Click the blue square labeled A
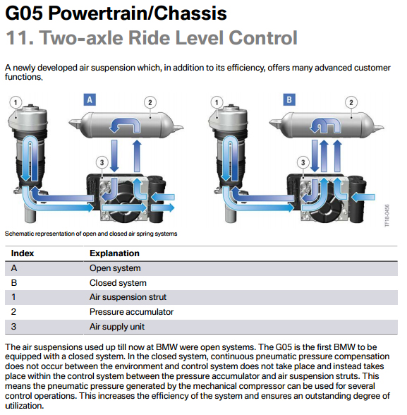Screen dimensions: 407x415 (x=90, y=100)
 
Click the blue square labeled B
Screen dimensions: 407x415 (x=289, y=100)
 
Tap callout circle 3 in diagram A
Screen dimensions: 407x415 (x=102, y=162)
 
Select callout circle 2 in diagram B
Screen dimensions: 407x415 (x=351, y=102)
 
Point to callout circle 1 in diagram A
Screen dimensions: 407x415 (x=16, y=102)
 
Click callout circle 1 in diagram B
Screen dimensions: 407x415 (x=217, y=102)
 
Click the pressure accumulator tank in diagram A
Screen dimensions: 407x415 (x=126, y=125)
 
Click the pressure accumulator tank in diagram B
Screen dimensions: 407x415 (x=327, y=125)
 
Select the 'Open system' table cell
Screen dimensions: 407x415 (x=115, y=268)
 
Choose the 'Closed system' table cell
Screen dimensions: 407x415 (x=118, y=283)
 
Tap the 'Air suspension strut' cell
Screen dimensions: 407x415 (x=128, y=297)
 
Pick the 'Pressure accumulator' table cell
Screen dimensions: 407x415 (x=131, y=312)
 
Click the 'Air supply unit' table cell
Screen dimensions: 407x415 (x=117, y=327)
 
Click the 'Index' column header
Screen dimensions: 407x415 (x=23, y=253)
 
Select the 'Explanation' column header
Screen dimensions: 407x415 (x=114, y=253)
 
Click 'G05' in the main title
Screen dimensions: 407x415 (x=24, y=13)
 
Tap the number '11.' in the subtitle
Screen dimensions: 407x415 (x=20, y=37)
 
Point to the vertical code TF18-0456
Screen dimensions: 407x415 (x=387, y=215)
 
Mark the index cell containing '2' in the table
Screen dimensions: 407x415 (x=13, y=312)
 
